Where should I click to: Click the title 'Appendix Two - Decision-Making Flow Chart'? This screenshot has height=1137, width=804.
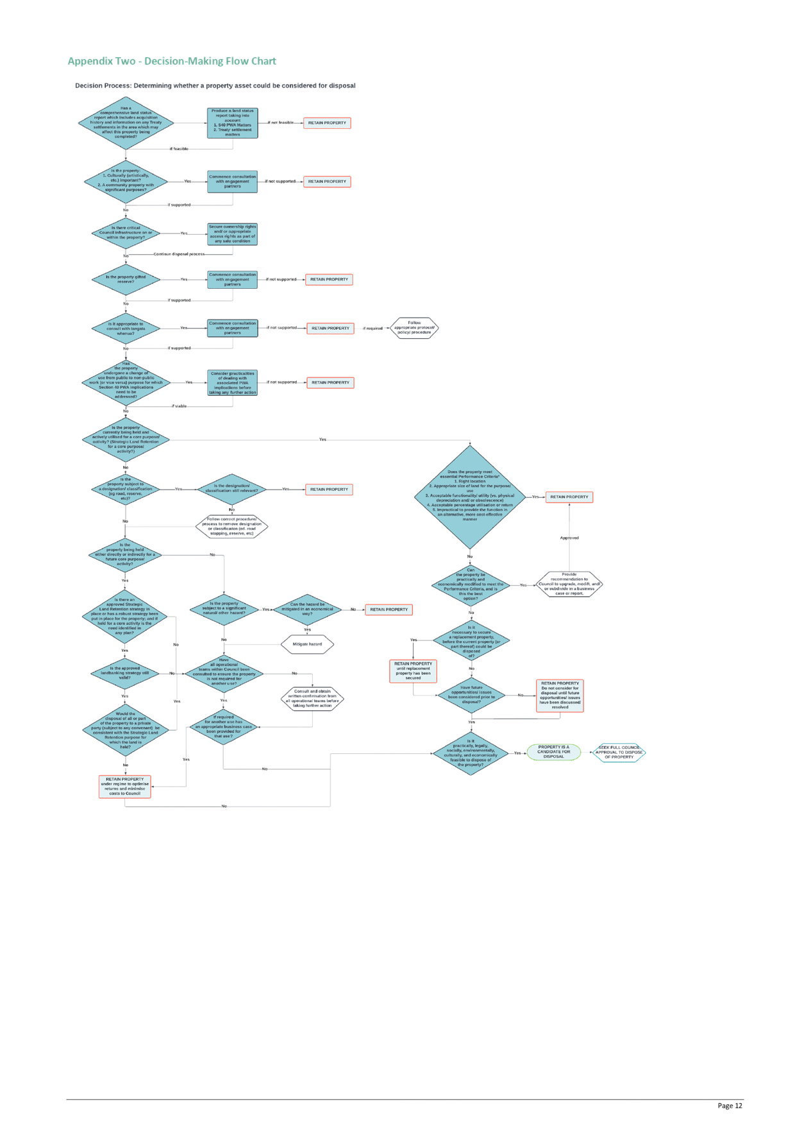172,61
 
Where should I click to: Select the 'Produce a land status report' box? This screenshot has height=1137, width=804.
232,123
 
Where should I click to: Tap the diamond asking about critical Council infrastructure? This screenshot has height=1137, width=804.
126,233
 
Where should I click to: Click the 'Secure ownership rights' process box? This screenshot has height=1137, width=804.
232,234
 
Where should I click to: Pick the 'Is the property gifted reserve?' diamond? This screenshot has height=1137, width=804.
126,279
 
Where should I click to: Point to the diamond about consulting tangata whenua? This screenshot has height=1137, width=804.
126,329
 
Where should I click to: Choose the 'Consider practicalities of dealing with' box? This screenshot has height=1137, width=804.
232,382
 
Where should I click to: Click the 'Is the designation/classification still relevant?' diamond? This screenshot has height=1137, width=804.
231,489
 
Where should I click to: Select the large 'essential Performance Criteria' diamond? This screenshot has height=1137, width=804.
470,496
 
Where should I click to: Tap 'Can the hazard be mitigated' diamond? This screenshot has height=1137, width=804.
307,609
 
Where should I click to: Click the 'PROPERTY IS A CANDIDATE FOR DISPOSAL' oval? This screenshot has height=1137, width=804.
553,752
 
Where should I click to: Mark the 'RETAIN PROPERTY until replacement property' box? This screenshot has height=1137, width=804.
413,671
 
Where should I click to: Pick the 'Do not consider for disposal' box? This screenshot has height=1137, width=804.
560,695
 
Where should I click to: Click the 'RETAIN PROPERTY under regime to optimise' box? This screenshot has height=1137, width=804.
125,786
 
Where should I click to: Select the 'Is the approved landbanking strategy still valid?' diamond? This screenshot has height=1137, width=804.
125,673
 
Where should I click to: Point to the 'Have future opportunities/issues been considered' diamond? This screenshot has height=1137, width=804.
471,694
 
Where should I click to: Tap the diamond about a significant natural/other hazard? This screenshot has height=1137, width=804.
224,609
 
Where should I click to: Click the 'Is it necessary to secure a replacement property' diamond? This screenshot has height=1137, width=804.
471,641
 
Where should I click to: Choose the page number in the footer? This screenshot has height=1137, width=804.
730,1106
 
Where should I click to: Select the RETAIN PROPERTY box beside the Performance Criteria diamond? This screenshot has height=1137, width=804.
569,497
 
